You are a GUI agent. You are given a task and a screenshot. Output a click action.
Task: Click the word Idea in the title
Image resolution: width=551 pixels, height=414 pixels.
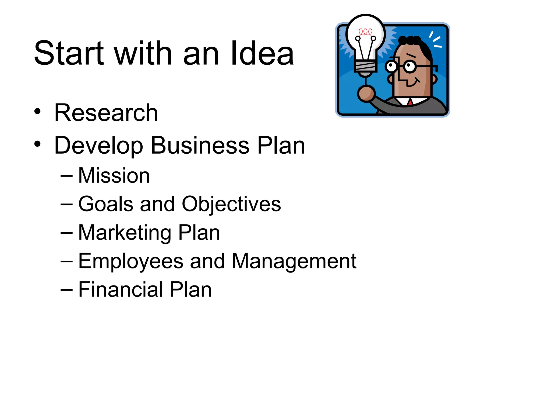tap(262, 53)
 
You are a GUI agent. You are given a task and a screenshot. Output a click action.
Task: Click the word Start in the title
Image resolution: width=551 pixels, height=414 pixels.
tap(69, 53)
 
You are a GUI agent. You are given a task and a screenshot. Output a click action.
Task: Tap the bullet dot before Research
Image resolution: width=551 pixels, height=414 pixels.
tap(37, 111)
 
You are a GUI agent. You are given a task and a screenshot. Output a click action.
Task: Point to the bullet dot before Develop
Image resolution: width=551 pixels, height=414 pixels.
tap(37, 144)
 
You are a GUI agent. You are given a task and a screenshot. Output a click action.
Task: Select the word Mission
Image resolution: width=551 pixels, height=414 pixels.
tap(114, 175)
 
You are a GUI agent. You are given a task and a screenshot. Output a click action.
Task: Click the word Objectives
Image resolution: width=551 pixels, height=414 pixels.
tap(231, 204)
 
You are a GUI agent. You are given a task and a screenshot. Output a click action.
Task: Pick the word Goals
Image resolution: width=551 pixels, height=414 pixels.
tap(106, 204)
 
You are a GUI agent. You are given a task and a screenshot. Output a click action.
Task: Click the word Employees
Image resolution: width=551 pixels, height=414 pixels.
tap(131, 261)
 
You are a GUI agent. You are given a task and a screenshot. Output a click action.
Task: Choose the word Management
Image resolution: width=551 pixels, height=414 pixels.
tap(294, 261)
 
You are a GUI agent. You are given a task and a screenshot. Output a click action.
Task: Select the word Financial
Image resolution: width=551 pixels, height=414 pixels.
tap(121, 289)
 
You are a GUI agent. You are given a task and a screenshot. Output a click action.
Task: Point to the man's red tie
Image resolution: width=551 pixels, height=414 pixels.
tap(410, 102)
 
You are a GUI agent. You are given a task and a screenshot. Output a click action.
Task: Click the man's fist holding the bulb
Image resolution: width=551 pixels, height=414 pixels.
tap(366, 93)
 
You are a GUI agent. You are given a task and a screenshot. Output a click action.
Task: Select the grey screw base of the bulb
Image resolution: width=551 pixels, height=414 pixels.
tap(365, 66)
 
